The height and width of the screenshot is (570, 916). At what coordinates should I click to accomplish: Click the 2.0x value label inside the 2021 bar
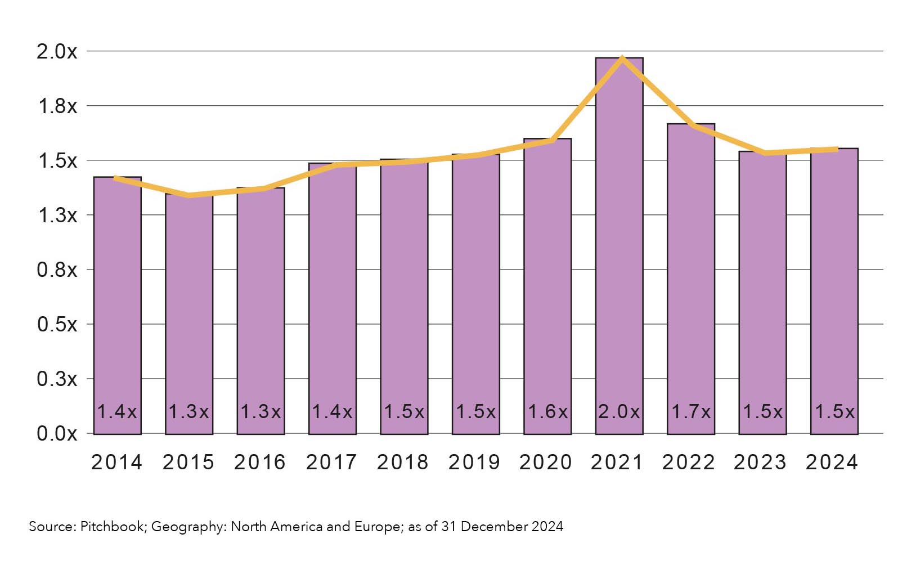pos(619,412)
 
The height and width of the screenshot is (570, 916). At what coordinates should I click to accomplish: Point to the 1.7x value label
pos(691,412)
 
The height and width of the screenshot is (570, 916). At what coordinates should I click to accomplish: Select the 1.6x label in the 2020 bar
pos(547,412)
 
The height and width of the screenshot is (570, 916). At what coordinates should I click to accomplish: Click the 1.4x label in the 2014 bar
pos(117,412)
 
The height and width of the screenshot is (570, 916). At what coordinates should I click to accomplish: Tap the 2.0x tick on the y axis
pos(57,52)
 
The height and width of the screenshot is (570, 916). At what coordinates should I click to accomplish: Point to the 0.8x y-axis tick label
pos(57,270)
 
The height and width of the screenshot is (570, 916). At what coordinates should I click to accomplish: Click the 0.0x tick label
pos(57,434)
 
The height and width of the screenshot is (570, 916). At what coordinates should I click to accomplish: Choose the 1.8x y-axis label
pos(57,106)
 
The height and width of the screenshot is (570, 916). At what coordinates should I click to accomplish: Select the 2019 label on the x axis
pos(474,463)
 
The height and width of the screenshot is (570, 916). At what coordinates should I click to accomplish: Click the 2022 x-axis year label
pos(688,463)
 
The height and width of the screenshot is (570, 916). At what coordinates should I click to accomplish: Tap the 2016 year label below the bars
pos(260,463)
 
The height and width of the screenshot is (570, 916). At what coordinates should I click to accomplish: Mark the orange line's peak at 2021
pos(622,57)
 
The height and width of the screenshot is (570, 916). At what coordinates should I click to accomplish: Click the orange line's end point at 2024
pos(837,149)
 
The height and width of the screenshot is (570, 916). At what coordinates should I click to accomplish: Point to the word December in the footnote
pos(495,527)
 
